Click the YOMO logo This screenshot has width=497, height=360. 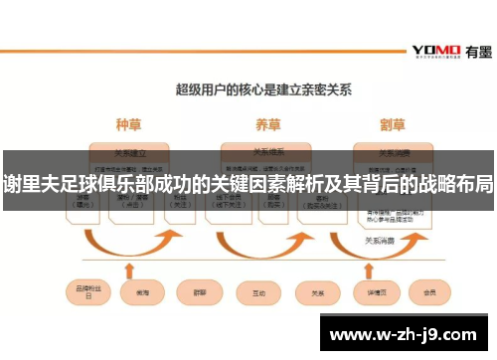434,50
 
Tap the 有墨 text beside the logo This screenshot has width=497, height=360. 472,50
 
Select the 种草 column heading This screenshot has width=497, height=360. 129,125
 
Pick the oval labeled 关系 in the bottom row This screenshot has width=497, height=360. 318,293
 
